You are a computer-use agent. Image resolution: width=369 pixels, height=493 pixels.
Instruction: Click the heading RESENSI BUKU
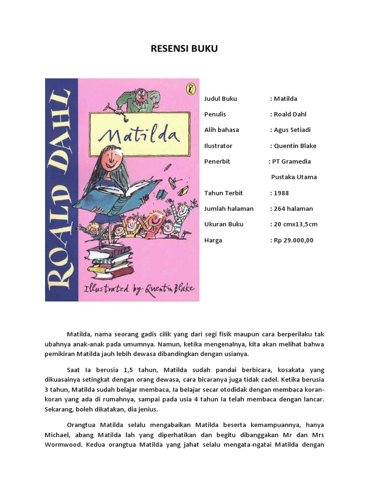(184, 49)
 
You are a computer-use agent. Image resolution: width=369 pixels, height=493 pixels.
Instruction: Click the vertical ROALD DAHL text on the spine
(61, 190)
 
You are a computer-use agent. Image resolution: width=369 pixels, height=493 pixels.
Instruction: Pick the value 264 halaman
(293, 208)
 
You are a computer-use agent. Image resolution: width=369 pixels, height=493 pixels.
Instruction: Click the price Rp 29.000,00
(293, 240)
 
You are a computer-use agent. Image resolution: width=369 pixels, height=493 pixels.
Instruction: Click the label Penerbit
(217, 161)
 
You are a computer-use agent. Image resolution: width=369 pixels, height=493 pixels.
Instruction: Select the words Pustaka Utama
(294, 177)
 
